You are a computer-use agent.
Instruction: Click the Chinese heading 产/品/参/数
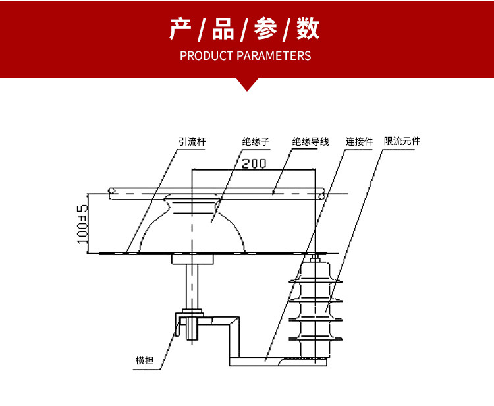pos(245,30)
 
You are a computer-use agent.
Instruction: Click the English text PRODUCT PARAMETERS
pos(245,55)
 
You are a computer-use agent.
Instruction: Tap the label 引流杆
pos(191,142)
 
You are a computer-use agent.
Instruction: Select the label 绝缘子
pos(256,142)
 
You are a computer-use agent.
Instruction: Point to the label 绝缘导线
pos(310,142)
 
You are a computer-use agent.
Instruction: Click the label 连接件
pos(359,142)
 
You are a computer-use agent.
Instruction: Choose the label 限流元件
pos(402,142)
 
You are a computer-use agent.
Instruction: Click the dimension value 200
pos(254,163)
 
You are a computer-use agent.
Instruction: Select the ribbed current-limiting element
pos(316,306)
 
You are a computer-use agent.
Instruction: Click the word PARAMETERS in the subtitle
pos(273,55)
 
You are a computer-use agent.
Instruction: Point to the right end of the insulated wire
pos(321,194)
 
